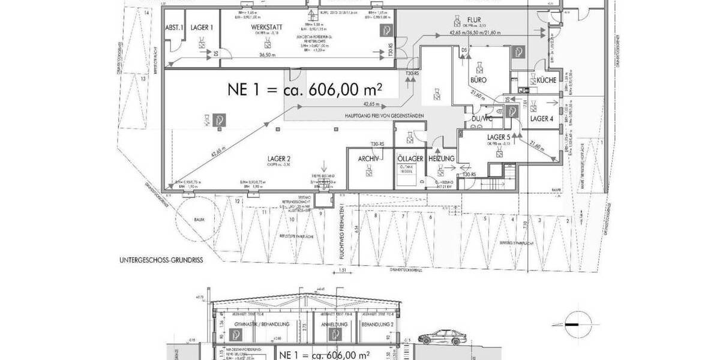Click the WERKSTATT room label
click(263, 28)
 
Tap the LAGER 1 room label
click(202, 28)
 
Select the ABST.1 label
click(174, 28)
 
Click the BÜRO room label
click(478, 80)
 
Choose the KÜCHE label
click(546, 80)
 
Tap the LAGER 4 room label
click(542, 119)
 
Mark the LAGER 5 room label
click(499, 137)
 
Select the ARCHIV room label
click(368, 158)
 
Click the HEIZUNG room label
click(441, 158)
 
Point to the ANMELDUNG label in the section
click(334, 325)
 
